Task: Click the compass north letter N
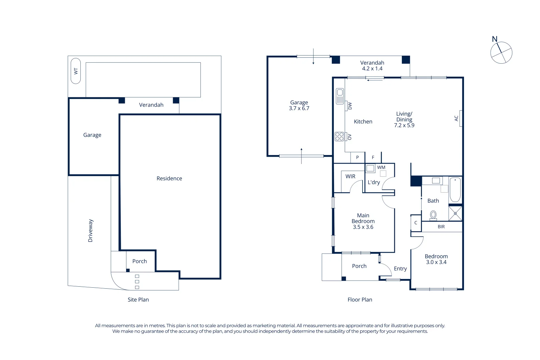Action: [495, 39]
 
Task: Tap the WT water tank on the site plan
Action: [76, 71]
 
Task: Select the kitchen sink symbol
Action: [340, 96]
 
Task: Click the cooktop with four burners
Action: [339, 136]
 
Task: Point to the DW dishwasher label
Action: [350, 106]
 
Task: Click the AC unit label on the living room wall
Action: [456, 118]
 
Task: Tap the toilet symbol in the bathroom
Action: [433, 215]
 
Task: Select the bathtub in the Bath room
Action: [455, 190]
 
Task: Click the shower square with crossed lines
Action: [455, 213]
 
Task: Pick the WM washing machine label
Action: [381, 167]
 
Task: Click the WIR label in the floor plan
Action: [350, 176]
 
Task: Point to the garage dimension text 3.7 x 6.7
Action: [299, 108]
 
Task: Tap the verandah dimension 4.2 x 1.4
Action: [372, 69]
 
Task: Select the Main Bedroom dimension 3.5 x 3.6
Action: [363, 227]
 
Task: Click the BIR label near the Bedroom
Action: [441, 227]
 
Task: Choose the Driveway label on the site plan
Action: [90, 231]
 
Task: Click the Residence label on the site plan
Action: [169, 178]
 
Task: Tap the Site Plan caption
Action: [138, 300]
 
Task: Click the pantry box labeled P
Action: [357, 157]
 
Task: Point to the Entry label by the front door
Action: [400, 269]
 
